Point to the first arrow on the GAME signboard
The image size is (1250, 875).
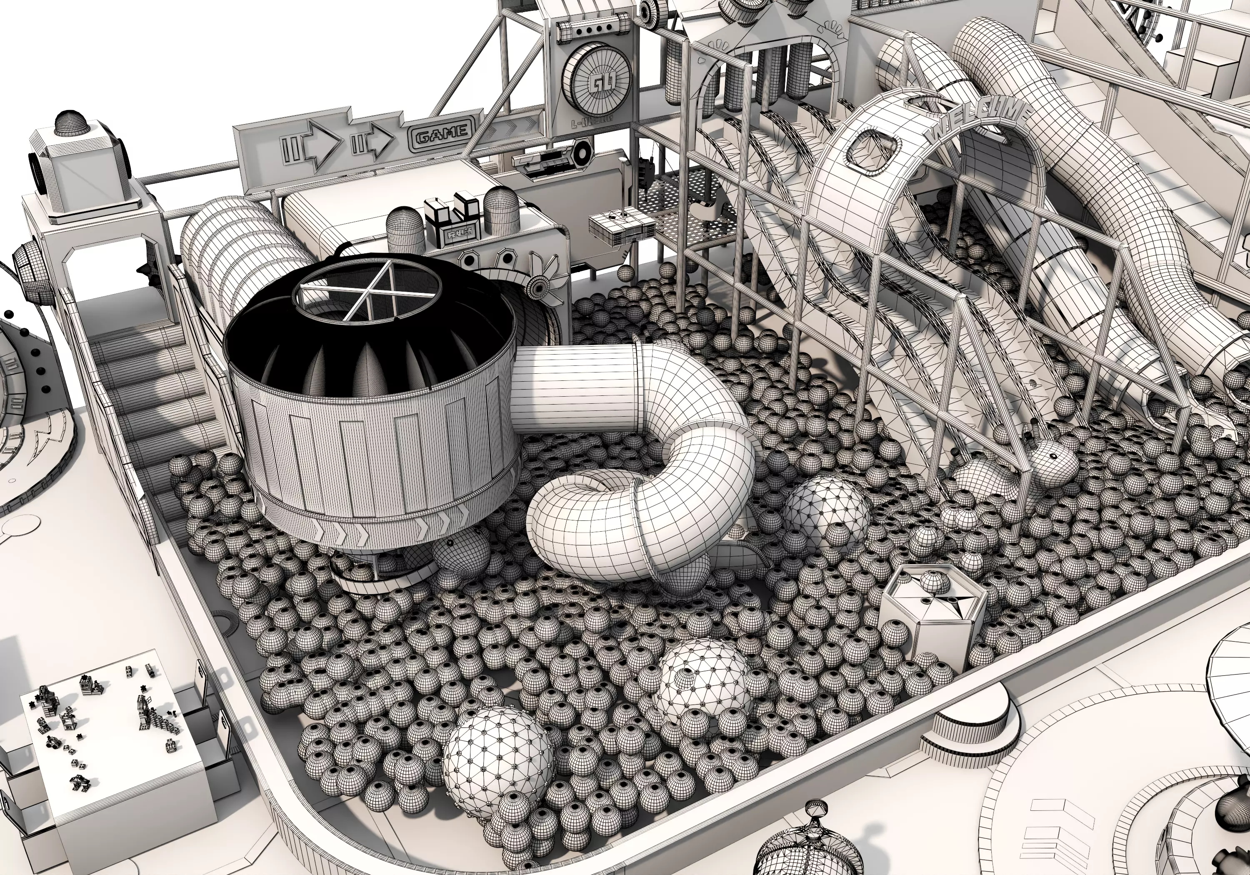point(311,144)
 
